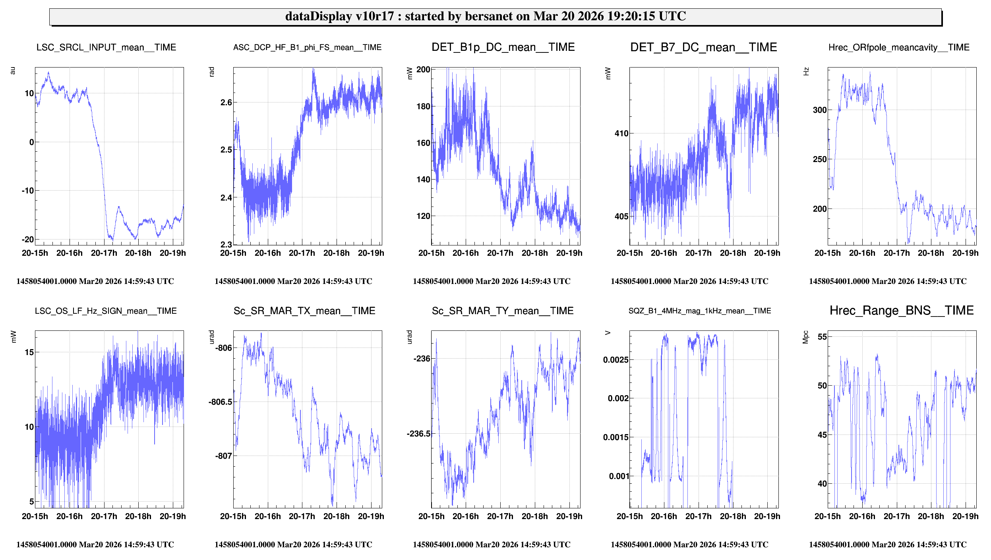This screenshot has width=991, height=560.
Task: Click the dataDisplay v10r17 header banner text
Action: (485, 16)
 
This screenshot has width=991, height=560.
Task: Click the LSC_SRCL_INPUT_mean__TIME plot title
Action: (106, 48)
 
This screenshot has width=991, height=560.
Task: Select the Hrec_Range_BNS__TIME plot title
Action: (901, 311)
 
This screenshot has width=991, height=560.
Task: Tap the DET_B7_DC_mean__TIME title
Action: (703, 48)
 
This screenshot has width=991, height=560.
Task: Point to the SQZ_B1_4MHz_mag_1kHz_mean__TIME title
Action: (699, 311)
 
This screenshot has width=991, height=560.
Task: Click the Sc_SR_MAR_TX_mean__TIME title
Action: (304, 311)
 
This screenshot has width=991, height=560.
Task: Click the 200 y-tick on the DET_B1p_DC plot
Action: (423, 70)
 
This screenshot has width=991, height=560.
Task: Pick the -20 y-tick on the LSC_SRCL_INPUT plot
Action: (28, 239)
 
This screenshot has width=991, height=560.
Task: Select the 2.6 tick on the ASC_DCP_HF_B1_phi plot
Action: (226, 102)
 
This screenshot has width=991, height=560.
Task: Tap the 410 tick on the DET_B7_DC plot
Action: (621, 133)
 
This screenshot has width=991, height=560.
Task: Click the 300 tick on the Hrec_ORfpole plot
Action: (820, 110)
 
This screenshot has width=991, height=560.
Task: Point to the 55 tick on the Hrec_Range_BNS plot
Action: (822, 337)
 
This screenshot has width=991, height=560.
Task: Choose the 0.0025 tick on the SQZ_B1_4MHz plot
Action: (616, 360)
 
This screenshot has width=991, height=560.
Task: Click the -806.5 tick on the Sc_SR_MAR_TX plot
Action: (220, 402)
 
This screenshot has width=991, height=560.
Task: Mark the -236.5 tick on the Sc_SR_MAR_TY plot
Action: (418, 434)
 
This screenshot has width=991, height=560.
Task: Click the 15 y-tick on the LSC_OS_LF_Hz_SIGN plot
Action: (29, 352)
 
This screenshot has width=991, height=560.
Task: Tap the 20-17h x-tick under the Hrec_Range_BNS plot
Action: (896, 516)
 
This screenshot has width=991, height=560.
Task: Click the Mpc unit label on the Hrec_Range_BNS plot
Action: (805, 337)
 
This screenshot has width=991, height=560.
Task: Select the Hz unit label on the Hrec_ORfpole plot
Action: (806, 71)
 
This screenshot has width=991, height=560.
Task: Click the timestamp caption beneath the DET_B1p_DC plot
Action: (491, 281)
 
